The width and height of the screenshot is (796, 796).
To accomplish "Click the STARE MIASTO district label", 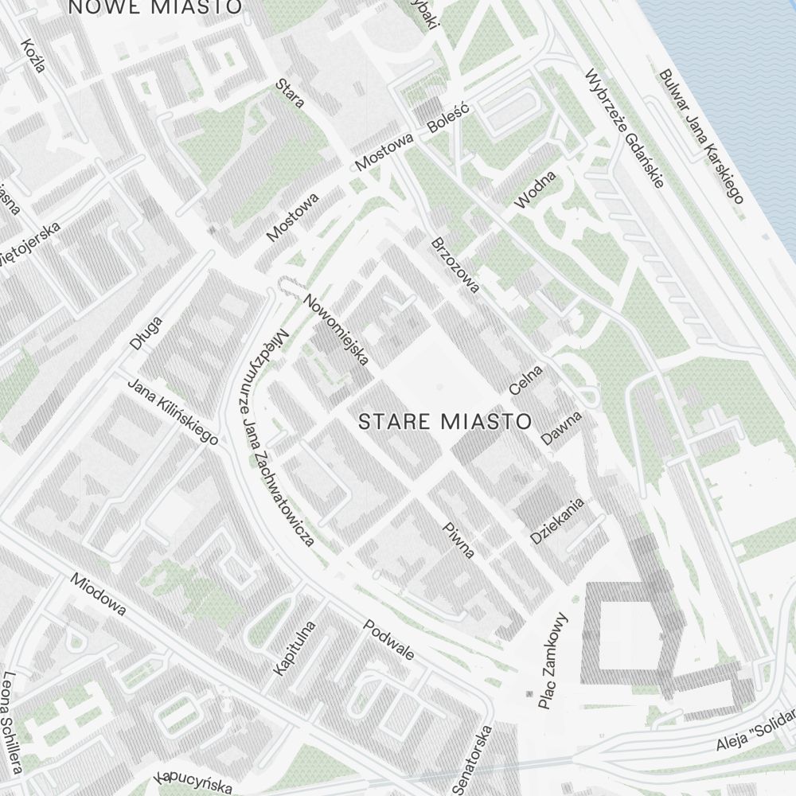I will [x=444, y=421].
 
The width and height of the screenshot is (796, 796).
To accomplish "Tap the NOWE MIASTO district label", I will [x=155, y=7].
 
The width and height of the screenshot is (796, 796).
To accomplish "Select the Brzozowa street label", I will [x=455, y=265].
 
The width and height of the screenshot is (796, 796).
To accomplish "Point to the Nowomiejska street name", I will [x=337, y=330].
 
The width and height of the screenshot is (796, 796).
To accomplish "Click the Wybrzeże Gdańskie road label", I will [x=624, y=129].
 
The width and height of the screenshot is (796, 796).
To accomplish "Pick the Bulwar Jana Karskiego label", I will [x=700, y=136].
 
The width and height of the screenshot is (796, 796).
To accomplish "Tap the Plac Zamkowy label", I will [x=553, y=660].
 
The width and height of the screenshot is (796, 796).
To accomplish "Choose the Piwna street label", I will [x=459, y=540].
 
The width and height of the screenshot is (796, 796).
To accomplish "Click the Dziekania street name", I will [x=558, y=521].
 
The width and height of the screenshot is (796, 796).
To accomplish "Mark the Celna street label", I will [x=525, y=380].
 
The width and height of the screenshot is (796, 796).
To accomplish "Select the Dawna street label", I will [x=561, y=427].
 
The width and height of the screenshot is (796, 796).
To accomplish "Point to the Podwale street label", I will [x=388, y=640].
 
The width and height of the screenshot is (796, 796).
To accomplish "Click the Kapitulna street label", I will [x=294, y=648].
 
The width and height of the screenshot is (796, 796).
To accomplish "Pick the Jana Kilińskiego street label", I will [x=173, y=411].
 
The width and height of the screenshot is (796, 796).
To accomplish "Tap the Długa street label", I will [x=146, y=333].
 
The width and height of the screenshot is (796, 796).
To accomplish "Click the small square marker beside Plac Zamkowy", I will [x=529, y=695].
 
